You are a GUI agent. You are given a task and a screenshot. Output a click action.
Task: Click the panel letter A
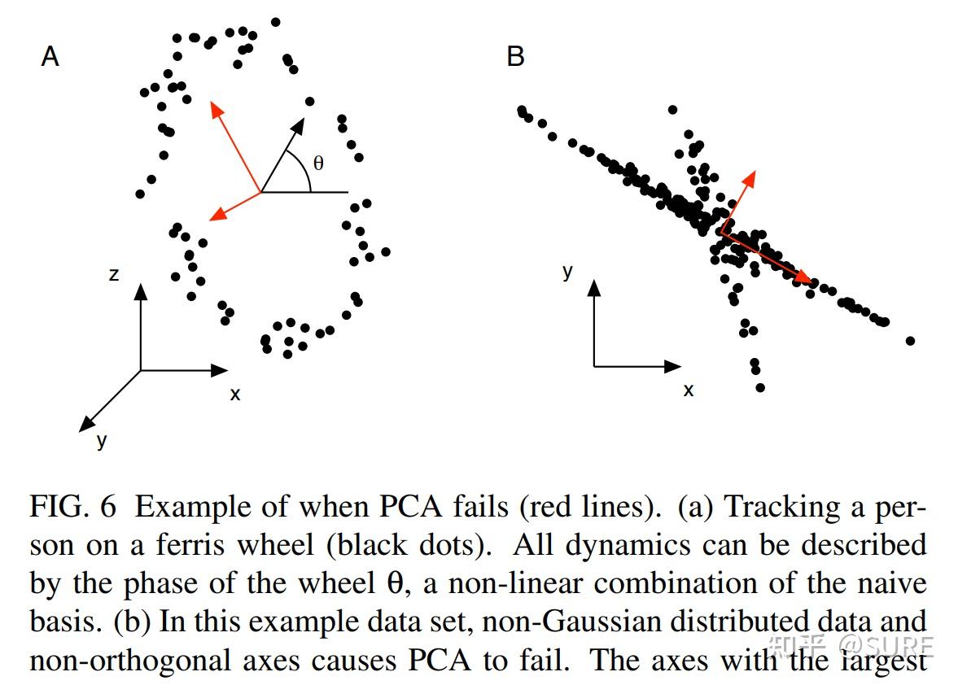[x=50, y=56]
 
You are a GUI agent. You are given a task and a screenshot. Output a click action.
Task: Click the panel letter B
[x=516, y=56]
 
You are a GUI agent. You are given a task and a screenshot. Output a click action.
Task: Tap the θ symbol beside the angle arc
[x=318, y=163]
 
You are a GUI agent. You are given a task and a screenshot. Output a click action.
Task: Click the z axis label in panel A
[x=114, y=275]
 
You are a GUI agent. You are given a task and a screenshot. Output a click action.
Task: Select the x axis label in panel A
[x=235, y=395]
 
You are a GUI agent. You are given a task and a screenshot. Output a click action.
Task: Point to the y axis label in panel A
[x=102, y=440]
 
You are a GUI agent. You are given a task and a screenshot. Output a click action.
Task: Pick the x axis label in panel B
[x=689, y=390]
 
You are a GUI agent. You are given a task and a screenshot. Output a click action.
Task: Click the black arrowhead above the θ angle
[x=298, y=126]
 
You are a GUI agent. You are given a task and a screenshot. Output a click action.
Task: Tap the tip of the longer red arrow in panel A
[x=212, y=102]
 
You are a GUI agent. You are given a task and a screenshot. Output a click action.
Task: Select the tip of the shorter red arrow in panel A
[x=209, y=220]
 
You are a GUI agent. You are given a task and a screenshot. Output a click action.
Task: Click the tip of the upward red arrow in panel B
[x=755, y=171]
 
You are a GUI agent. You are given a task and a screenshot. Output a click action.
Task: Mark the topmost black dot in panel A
[x=276, y=22]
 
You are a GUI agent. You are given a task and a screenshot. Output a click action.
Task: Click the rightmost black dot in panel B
[x=910, y=341]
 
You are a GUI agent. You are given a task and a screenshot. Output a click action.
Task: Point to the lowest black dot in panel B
[x=760, y=388]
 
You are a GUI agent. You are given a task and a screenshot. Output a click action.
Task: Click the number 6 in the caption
[x=108, y=507]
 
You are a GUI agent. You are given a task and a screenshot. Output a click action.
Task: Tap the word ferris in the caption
[x=190, y=545]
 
